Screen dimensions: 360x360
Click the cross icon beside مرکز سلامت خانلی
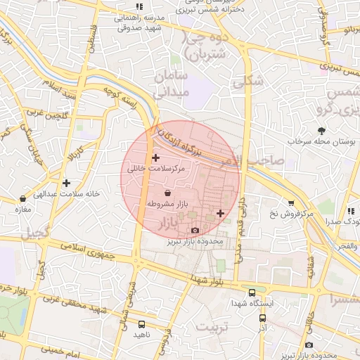(x=155, y=157)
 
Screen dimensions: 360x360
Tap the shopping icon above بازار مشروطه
(x=167, y=193)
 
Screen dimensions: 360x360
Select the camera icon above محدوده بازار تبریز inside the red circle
(x=195, y=231)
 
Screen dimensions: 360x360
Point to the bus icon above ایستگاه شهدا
(x=252, y=292)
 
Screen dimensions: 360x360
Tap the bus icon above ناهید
(x=142, y=324)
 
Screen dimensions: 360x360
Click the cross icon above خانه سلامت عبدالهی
(x=66, y=183)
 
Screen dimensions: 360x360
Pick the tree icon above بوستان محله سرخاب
(x=321, y=130)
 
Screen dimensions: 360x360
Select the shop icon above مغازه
(x=23, y=199)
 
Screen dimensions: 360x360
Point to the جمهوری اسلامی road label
(x=83, y=249)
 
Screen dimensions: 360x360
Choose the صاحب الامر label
(x=259, y=160)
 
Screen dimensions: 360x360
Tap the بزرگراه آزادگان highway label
(x=186, y=141)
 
